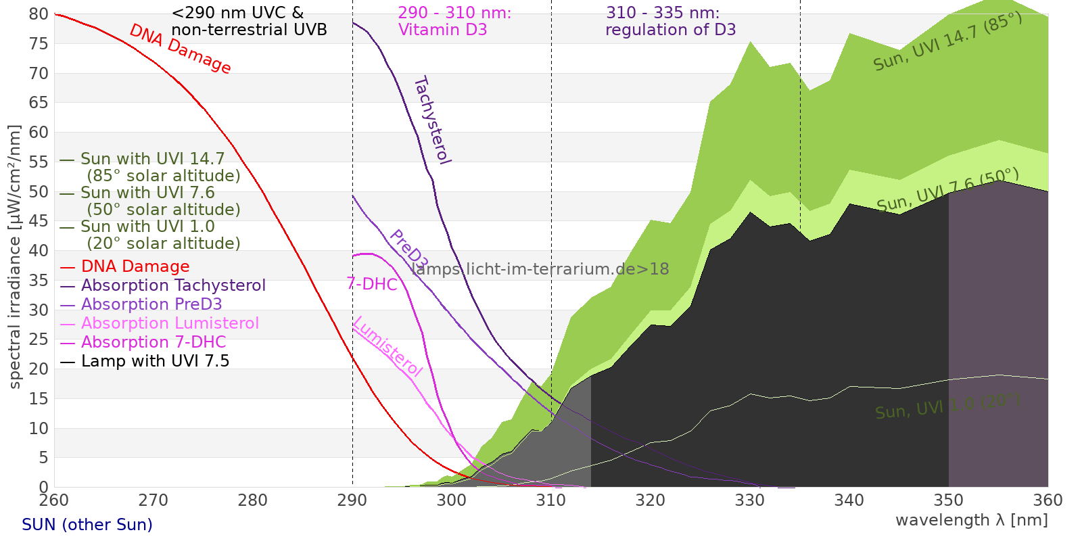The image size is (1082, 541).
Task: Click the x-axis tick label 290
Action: [352, 500]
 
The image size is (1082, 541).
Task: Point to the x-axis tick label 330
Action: [750, 500]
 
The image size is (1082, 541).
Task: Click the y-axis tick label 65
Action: [39, 103]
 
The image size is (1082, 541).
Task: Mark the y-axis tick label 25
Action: [39, 339]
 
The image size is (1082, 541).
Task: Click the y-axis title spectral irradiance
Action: [15, 257]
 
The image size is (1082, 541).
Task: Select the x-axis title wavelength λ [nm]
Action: [971, 520]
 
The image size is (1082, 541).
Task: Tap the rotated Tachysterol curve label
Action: [431, 120]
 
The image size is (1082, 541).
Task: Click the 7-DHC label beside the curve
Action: [372, 284]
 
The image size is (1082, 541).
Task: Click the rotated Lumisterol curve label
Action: [387, 346]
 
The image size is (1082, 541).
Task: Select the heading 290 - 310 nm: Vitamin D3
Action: [454, 21]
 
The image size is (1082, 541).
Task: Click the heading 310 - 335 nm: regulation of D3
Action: [669, 21]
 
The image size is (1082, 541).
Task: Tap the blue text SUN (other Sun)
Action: [87, 525]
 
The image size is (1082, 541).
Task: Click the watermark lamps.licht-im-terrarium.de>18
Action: [540, 269]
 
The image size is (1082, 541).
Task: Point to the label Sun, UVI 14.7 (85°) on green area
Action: [947, 41]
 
